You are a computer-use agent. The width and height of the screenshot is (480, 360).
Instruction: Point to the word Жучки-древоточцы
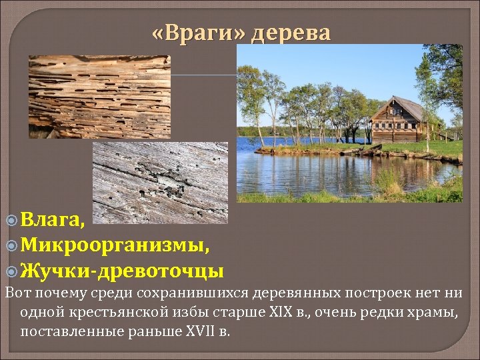[x=121, y=271]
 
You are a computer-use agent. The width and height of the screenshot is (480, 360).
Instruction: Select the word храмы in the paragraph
[x=433, y=312]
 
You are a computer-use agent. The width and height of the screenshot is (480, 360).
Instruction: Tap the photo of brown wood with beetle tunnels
[x=99, y=97]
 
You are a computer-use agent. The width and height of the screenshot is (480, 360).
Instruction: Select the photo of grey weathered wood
[x=160, y=182]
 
